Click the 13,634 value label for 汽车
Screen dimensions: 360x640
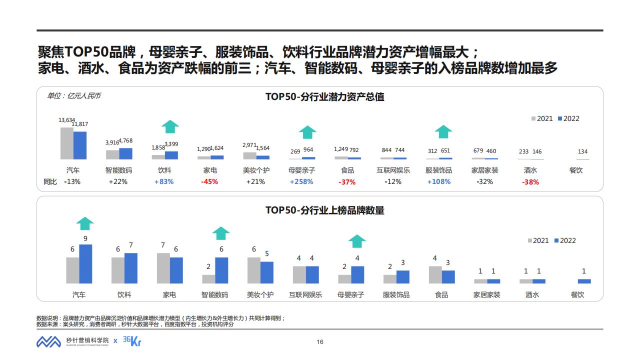66,120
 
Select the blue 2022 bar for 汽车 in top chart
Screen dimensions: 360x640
80,145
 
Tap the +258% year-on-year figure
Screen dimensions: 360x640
301,181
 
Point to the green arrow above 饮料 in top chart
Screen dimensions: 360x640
170,126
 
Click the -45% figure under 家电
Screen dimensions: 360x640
209,181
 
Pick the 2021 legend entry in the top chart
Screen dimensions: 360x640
542,118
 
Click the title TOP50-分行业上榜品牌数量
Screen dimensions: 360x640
324,210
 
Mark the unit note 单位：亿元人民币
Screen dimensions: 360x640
73,95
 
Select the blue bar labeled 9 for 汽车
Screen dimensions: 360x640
85,264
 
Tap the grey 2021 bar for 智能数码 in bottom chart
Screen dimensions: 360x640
208,279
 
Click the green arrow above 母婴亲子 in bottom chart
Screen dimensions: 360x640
357,241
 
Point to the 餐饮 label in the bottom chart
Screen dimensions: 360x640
577,294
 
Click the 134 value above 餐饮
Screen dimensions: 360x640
582,151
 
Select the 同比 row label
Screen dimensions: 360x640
50,181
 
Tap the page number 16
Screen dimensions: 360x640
320,342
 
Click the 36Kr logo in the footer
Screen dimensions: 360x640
129,340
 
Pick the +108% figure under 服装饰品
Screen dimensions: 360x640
438,181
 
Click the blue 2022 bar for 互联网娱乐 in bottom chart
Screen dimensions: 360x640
312,274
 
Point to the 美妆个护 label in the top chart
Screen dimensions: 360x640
256,170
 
